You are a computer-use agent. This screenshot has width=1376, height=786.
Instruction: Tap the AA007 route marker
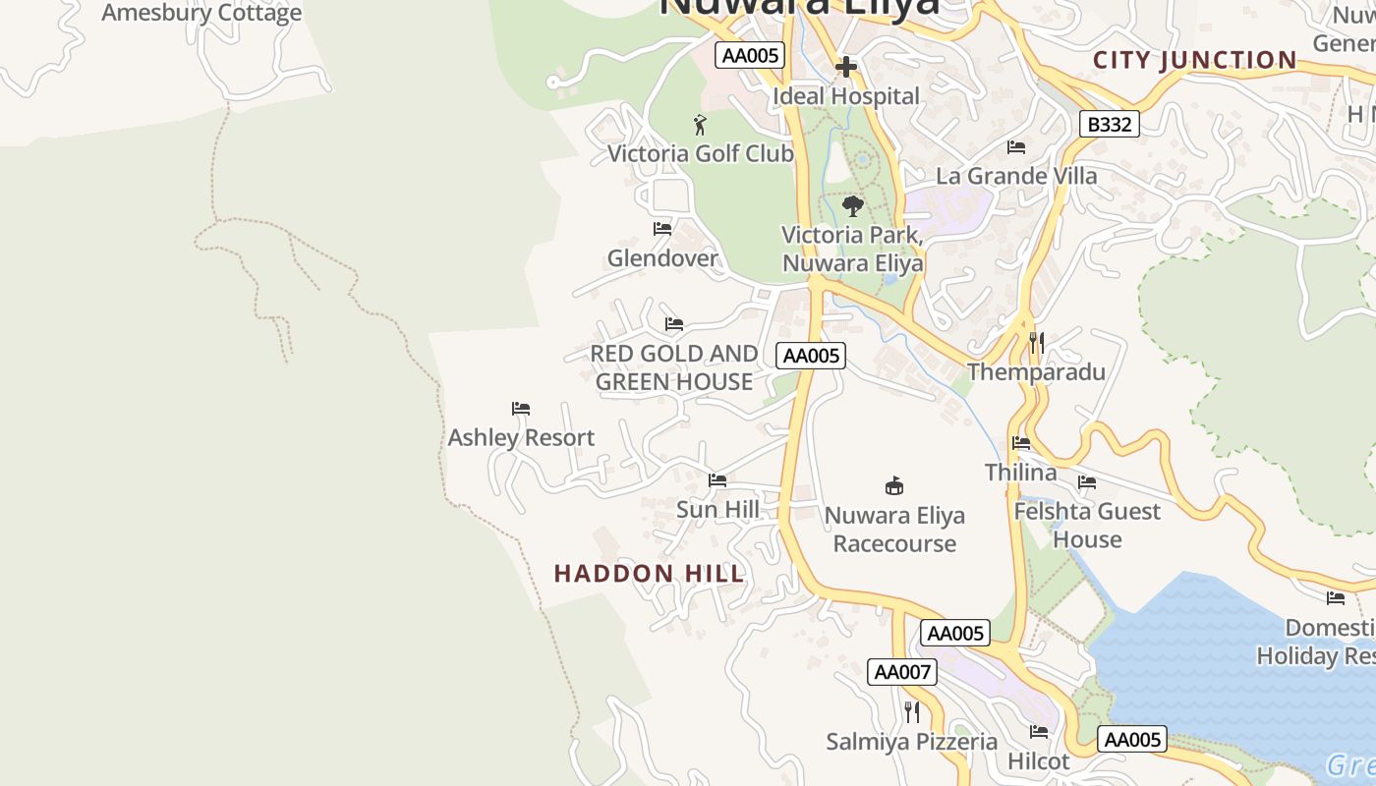901,672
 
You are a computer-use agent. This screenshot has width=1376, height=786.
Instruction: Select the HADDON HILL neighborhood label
650,574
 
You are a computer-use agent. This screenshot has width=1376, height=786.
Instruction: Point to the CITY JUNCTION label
1195,60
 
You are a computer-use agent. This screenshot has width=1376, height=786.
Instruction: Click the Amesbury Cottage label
201,14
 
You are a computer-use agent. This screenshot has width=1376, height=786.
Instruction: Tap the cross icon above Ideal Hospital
845,67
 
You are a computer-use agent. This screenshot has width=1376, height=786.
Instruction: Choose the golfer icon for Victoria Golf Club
700,125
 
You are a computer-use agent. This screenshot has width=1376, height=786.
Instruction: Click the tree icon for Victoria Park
853,206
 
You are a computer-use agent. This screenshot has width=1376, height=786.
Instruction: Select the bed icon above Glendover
662,229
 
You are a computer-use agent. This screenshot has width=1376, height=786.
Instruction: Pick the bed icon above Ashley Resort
521,409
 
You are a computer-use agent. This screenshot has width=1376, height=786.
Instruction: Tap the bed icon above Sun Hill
717,480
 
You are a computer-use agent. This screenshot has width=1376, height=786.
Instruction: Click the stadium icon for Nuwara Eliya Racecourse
894,485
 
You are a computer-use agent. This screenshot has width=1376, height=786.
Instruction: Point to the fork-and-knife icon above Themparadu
1036,343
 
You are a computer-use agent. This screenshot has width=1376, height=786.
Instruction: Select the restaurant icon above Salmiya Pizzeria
912,711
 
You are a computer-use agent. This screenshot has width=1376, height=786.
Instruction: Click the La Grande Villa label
1016,176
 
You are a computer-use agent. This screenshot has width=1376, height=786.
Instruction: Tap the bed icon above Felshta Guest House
1087,482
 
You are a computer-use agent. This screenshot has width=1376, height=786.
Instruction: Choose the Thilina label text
1021,473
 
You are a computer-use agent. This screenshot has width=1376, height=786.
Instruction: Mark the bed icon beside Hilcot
1039,731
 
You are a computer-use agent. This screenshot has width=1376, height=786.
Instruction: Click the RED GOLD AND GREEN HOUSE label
674,367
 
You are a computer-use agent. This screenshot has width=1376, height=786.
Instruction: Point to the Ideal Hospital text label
846,96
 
